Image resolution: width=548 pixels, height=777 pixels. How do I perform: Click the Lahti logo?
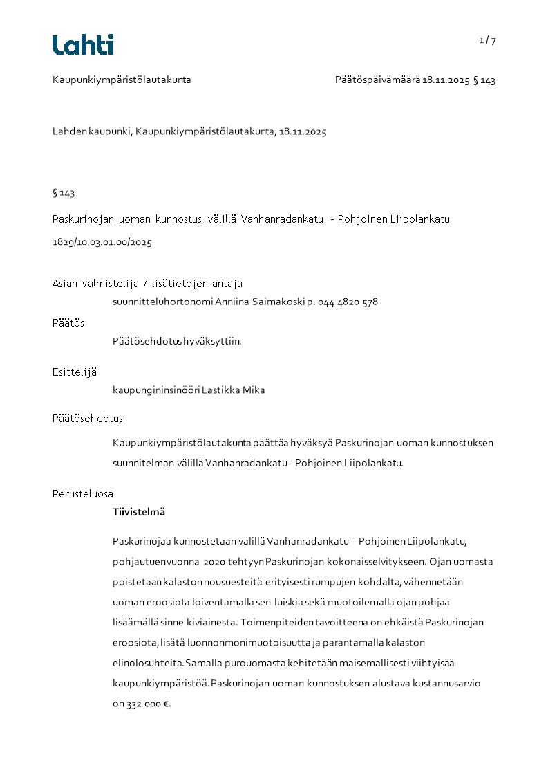(x=83, y=45)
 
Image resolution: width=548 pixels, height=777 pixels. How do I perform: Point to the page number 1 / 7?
(x=487, y=41)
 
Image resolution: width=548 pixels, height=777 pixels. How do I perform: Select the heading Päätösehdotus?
(x=88, y=419)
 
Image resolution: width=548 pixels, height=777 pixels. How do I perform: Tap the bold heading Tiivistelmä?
(x=139, y=512)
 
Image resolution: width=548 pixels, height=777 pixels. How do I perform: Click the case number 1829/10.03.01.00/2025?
(x=102, y=243)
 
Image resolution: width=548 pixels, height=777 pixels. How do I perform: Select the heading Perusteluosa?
(x=83, y=494)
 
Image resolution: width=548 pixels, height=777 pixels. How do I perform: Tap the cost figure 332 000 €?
(x=148, y=704)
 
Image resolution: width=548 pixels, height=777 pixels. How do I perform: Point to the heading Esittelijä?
(x=75, y=372)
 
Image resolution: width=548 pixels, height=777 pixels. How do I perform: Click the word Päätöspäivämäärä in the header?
(x=377, y=80)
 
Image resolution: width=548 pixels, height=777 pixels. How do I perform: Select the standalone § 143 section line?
(x=64, y=193)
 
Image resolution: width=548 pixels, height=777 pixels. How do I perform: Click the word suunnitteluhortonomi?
(x=162, y=302)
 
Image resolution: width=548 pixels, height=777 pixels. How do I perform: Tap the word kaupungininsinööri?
(x=156, y=390)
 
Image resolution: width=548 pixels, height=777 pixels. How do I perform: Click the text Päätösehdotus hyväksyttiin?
(x=177, y=341)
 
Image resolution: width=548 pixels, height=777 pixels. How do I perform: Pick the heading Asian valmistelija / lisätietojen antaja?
(x=147, y=284)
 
